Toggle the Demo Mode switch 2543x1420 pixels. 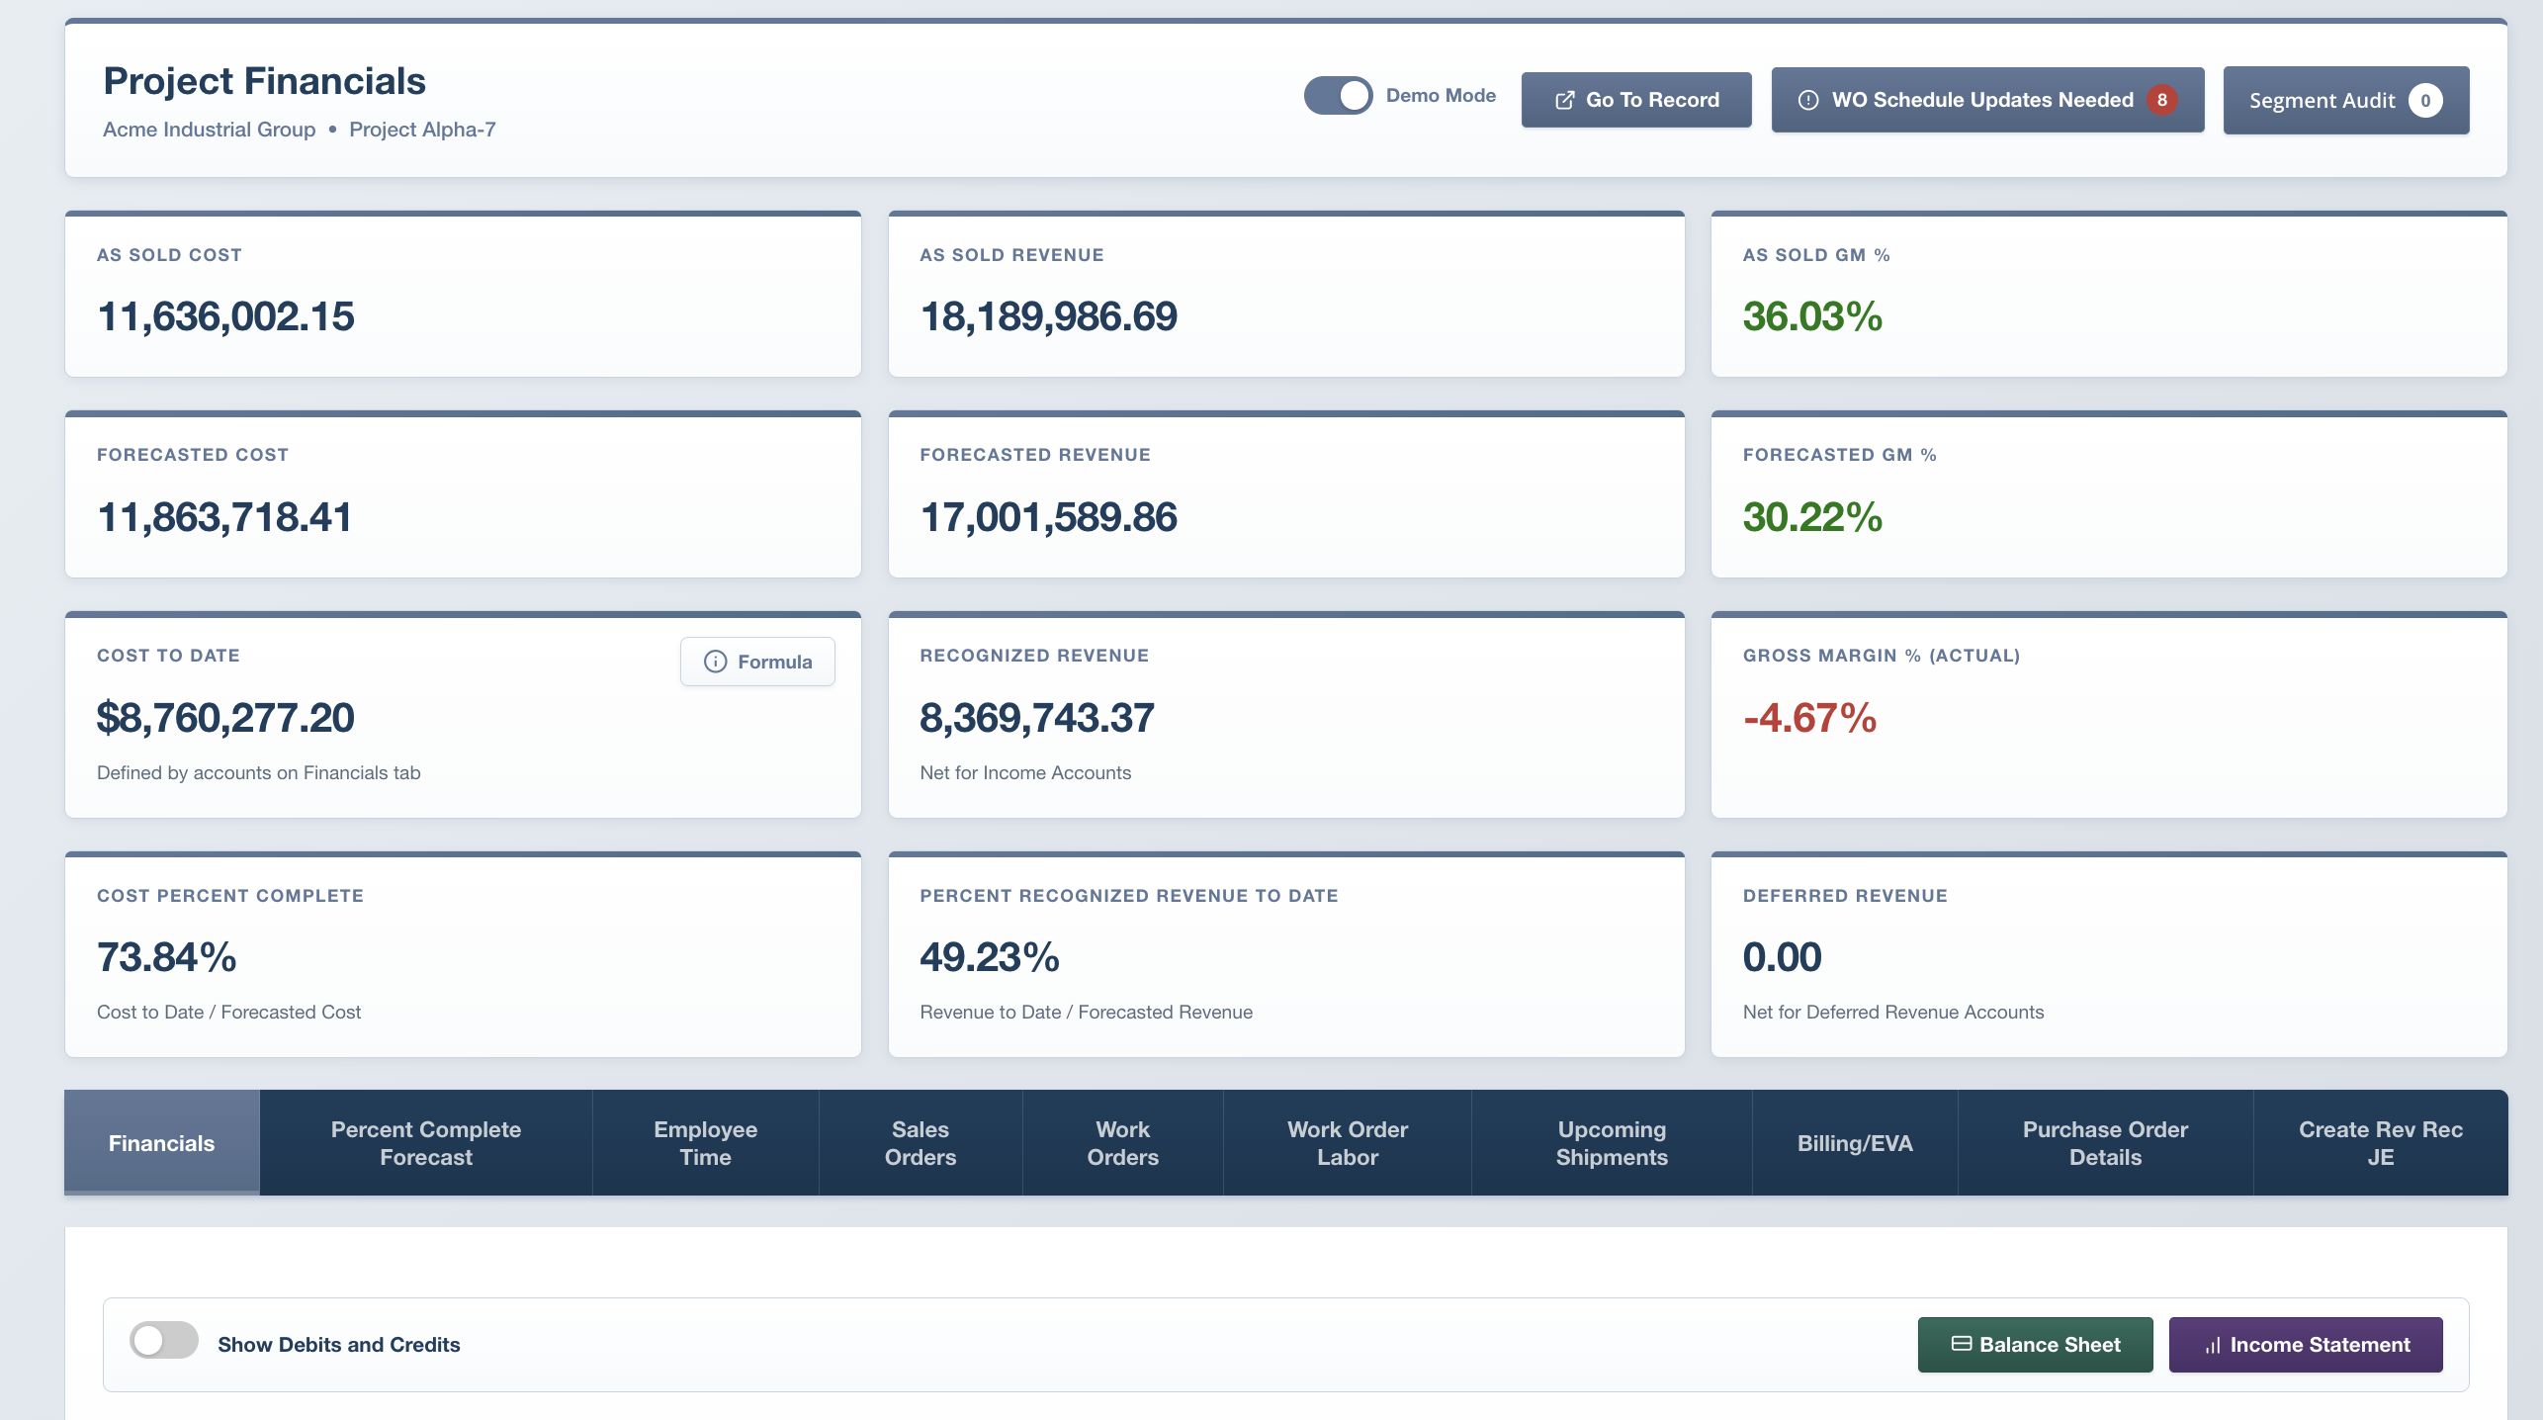(1338, 96)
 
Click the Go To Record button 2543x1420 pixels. (1635, 100)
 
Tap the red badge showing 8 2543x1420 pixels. (2161, 100)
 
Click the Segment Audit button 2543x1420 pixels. (2344, 100)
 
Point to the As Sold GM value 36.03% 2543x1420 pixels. (1811, 316)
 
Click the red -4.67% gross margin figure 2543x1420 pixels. (1809, 718)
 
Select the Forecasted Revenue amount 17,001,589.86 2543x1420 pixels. (1048, 517)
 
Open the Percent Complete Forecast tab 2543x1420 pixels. (425, 1143)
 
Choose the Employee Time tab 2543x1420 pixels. (705, 1143)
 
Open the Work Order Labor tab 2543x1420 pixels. (1347, 1143)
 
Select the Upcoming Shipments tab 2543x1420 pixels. (1612, 1143)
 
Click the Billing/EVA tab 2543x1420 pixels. (1854, 1143)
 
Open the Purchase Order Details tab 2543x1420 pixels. (2105, 1143)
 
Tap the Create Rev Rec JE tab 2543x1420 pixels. (2380, 1143)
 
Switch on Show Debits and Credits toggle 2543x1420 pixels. (164, 1341)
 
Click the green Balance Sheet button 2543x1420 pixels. (2035, 1345)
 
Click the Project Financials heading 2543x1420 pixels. (264, 81)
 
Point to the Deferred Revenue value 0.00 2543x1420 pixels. (1782, 957)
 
